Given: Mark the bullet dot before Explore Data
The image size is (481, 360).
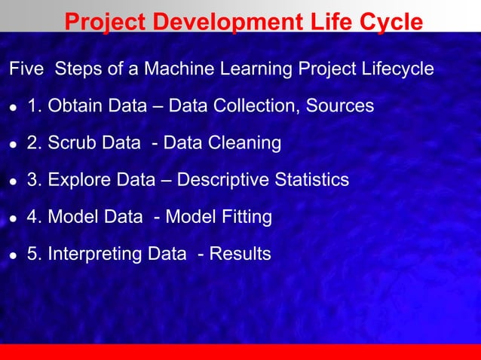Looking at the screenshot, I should (13, 182).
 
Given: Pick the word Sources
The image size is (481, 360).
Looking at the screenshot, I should (339, 105).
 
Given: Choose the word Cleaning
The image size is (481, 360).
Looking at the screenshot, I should (244, 143).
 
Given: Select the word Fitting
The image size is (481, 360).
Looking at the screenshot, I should (245, 218).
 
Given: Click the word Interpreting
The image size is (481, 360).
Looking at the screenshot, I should (95, 255).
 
